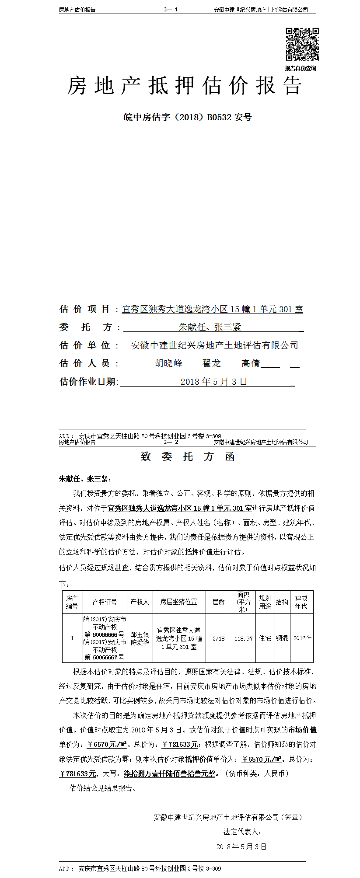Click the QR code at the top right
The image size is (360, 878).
(302, 44)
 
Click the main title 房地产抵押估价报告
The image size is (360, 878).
(185, 86)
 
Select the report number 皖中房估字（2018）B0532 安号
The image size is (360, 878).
(188, 117)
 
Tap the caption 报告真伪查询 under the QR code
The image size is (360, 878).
(301, 68)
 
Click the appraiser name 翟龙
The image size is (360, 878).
(211, 363)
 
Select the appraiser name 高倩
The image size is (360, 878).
(251, 363)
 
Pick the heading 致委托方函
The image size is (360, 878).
(188, 457)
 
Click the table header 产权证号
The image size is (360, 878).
(105, 602)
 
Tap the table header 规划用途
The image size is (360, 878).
(265, 602)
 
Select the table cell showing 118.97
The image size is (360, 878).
(243, 638)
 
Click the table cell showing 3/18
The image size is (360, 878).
(218, 638)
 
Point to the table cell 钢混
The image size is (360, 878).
(282, 638)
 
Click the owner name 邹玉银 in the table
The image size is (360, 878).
(140, 634)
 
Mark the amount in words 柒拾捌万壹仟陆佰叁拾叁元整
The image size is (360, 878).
(169, 773)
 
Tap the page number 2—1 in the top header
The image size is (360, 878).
(171, 9)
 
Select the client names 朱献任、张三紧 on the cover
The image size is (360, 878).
(210, 327)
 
